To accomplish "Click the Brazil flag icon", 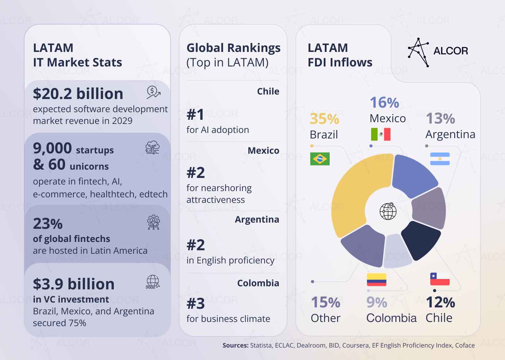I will point(320,159).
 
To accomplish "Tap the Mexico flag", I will point(380,134).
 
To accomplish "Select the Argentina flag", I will point(440,159).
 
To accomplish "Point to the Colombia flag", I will point(376,280).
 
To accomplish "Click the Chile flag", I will point(440,279).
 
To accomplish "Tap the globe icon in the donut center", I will point(388,211).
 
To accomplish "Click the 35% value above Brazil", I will point(324,119).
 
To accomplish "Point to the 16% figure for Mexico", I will point(384,102).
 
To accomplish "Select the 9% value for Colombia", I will point(376,303).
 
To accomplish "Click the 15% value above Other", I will point(325,303).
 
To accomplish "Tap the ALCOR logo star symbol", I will point(418,52).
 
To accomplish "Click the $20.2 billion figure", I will point(78,94).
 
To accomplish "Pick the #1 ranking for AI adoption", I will point(195,115).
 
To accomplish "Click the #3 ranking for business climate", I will point(195,304).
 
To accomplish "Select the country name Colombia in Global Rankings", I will point(258,283).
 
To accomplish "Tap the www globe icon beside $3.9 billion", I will point(153,282).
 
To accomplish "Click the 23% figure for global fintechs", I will point(48,224).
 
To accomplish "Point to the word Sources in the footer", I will point(235,345).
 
